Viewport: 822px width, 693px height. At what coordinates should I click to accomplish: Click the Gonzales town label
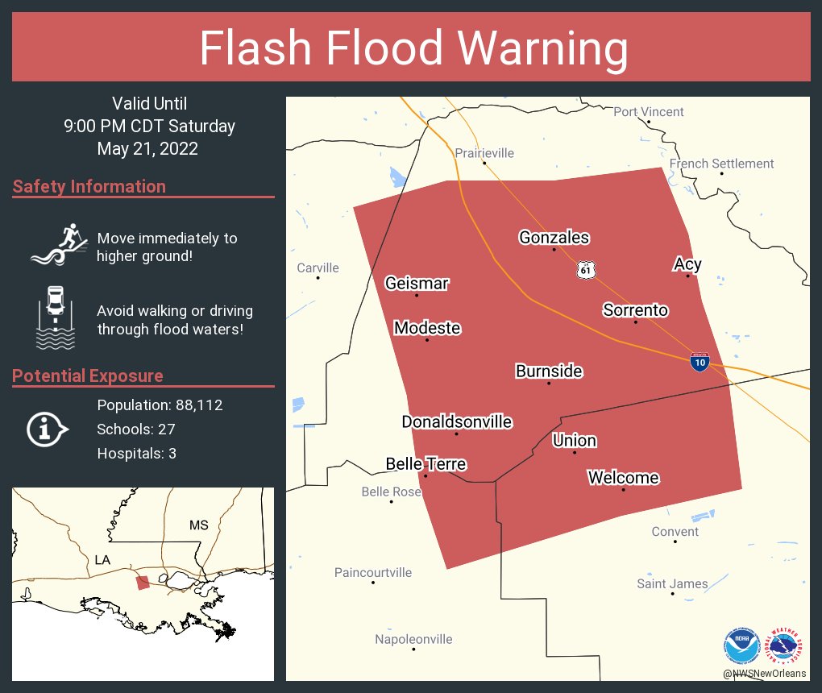click(x=554, y=238)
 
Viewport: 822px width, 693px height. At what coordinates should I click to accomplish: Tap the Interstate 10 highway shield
click(x=700, y=362)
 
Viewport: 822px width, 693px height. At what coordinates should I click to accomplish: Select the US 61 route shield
click(x=586, y=270)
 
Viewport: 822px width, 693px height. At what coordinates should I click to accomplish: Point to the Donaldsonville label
click(x=457, y=421)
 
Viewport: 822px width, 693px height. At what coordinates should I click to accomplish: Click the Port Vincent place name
click(x=648, y=112)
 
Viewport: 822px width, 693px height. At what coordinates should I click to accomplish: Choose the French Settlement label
click(x=721, y=164)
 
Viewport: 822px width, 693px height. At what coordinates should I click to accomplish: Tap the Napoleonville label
click(x=413, y=639)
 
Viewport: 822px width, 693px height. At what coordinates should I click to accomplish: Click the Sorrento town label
click(x=635, y=310)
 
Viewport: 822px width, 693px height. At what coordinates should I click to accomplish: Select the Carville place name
click(x=318, y=268)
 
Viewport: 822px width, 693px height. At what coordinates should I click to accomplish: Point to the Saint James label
click(x=672, y=583)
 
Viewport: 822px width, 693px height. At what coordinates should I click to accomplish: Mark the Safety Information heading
click(x=89, y=186)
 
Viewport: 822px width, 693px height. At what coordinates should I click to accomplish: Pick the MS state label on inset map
click(x=198, y=525)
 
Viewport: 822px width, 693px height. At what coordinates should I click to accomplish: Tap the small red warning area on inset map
click(x=142, y=583)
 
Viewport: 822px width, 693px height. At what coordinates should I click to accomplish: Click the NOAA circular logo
click(x=741, y=645)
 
